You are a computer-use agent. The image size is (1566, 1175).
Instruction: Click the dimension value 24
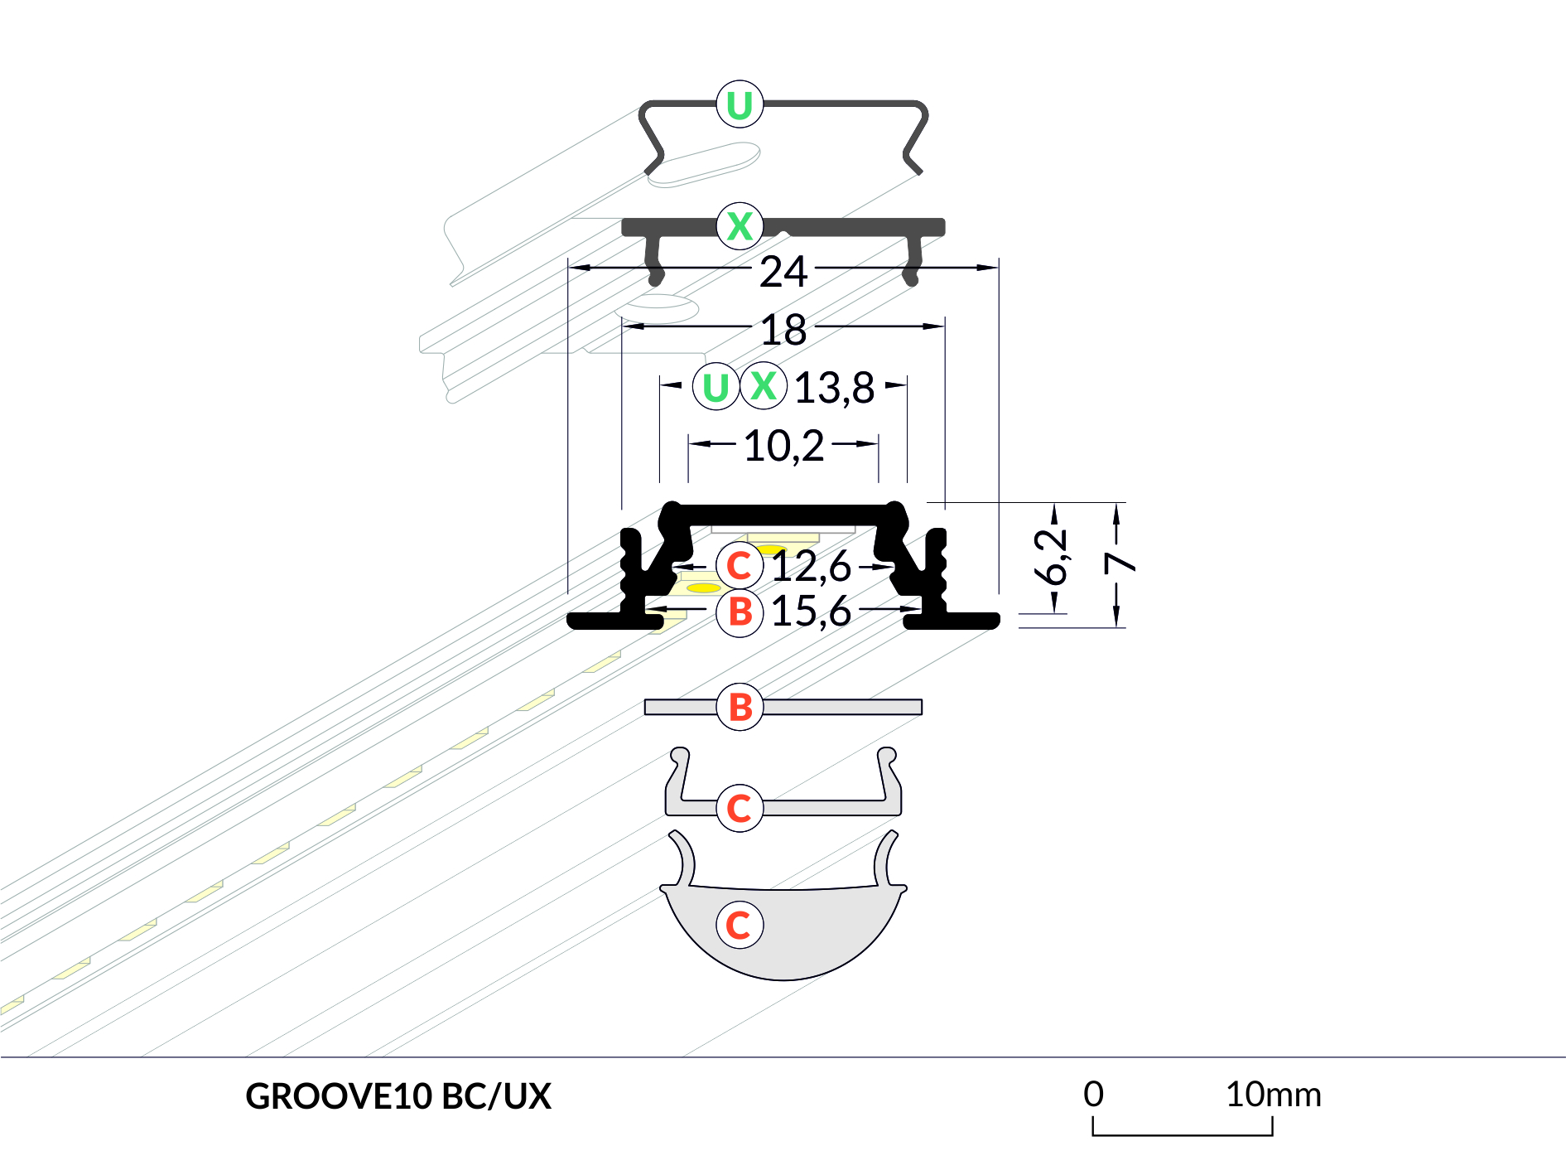[783, 272]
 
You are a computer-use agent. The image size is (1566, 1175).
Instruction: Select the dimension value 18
[783, 330]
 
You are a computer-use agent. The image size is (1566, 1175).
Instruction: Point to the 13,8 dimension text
[834, 388]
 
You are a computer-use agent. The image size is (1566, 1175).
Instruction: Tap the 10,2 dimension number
[783, 446]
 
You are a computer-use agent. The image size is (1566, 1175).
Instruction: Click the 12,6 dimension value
[811, 567]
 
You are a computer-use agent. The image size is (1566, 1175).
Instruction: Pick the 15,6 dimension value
[811, 612]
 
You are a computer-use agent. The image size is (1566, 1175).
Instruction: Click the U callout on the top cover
[740, 104]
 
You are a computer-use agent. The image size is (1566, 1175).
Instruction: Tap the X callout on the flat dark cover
[740, 225]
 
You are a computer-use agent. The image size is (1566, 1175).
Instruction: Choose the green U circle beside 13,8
[716, 387]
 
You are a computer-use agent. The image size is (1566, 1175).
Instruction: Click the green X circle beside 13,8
[764, 386]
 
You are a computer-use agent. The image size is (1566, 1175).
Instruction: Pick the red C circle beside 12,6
[739, 566]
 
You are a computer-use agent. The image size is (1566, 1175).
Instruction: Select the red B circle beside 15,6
[740, 612]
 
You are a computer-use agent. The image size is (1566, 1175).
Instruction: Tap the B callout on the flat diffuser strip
[740, 707]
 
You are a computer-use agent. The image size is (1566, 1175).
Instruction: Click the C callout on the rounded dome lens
[739, 925]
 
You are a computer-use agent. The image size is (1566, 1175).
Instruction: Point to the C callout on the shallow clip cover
[739, 808]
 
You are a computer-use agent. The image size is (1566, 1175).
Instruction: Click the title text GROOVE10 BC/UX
[398, 1096]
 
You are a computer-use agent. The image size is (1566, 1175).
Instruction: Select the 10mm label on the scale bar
[1273, 1095]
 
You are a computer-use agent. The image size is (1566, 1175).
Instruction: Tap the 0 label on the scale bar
[1093, 1095]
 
